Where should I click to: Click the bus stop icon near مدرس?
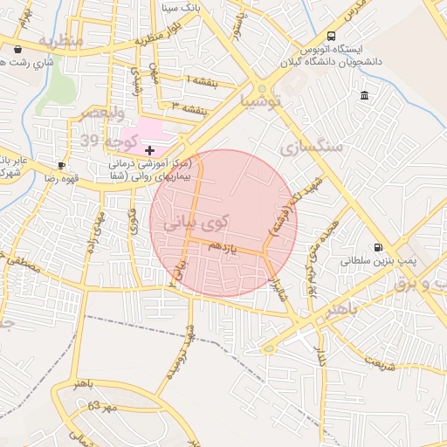click(331, 36)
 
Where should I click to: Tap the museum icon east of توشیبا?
click(363, 94)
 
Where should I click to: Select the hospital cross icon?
click(149, 151)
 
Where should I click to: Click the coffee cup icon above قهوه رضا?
click(61, 165)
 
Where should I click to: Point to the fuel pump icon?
click(377, 247)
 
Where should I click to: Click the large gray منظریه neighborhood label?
click(61, 41)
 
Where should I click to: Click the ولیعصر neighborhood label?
click(101, 113)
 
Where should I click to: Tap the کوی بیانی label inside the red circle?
click(196, 223)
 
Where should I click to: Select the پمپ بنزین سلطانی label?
click(375, 260)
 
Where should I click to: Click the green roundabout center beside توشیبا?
click(262, 89)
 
